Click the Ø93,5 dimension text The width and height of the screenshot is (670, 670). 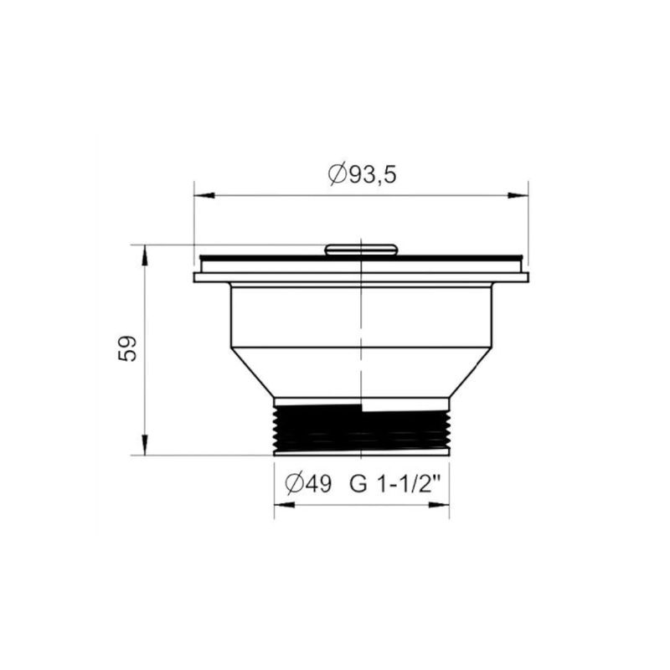click(363, 174)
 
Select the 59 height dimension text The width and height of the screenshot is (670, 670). click(127, 348)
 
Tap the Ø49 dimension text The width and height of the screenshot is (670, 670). click(308, 484)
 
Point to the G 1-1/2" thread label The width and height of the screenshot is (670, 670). click(395, 484)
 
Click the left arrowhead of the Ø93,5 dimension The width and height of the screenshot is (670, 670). click(204, 195)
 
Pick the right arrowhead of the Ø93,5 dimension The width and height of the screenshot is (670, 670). click(518, 195)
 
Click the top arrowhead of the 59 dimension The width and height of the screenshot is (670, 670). click(145, 255)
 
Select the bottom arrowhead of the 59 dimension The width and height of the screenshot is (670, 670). click(145, 445)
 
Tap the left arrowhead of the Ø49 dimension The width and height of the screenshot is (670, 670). click(284, 505)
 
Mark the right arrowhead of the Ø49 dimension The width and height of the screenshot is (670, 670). click(439, 505)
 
